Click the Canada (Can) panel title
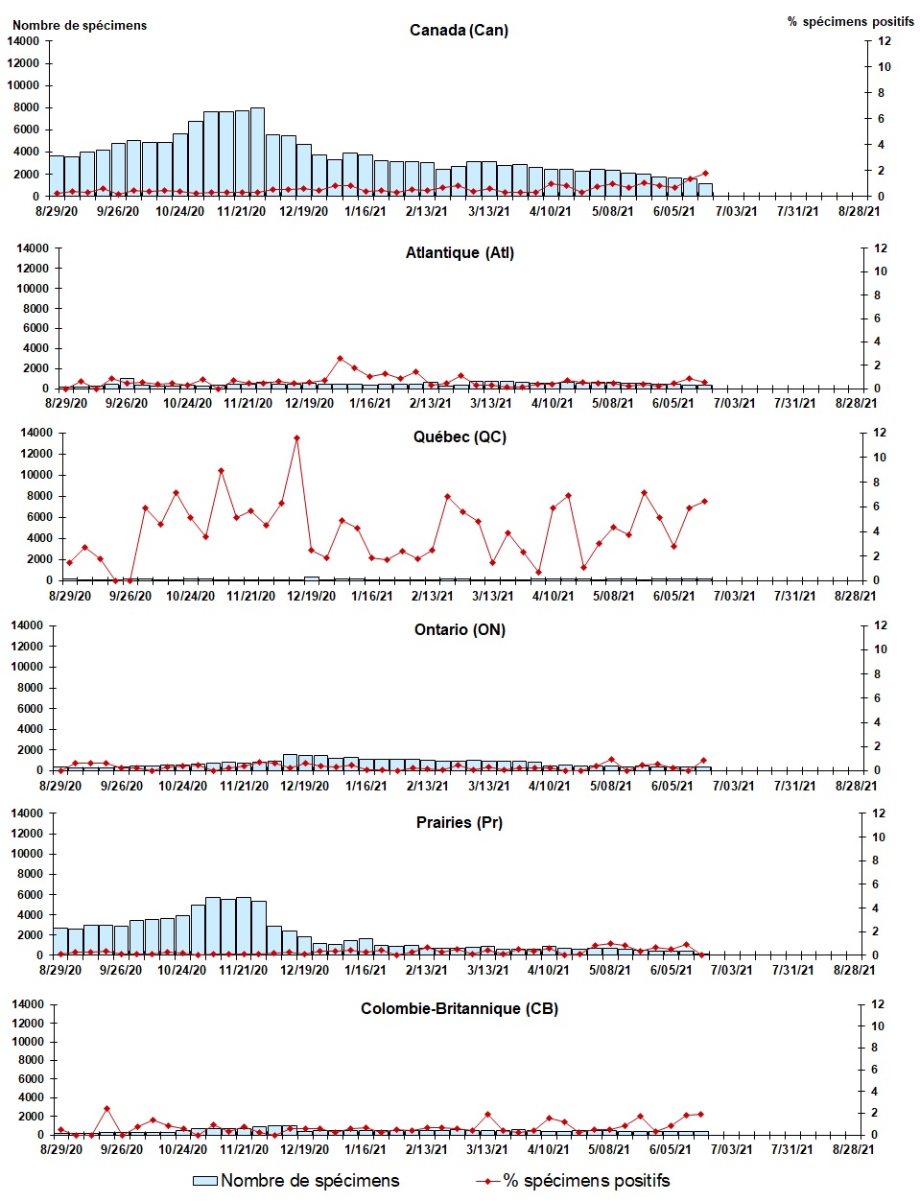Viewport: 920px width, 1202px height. pos(459,30)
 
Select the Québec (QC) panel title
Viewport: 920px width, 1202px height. pos(460,436)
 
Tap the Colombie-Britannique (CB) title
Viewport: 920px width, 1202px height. pos(459,1008)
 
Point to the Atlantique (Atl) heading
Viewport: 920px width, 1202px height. pos(460,253)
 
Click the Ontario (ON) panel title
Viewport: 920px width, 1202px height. pos(460,629)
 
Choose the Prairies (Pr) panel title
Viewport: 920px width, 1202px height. pos(460,822)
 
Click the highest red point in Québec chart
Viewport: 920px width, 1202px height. pos(296,438)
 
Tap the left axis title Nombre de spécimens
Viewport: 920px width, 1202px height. pos(80,26)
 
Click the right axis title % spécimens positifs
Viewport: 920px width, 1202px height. pos(850,21)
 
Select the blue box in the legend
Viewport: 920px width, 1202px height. pos(205,1181)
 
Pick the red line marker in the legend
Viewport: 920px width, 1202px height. pos(488,1181)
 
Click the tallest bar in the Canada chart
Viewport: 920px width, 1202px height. pos(257,152)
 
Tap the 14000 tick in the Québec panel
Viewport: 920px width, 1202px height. pos(35,433)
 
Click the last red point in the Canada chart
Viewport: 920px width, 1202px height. pos(705,174)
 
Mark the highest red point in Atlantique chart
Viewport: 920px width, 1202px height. pos(340,359)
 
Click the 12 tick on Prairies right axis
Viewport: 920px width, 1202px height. pos(879,813)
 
